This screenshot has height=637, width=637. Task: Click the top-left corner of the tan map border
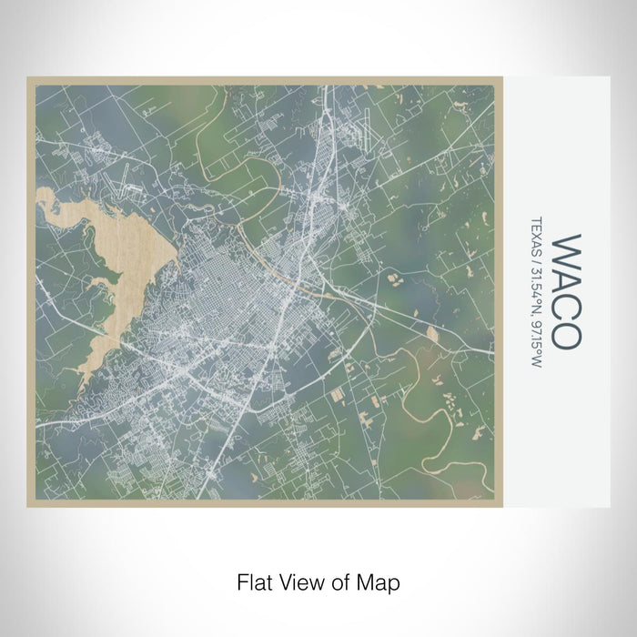point(28,78)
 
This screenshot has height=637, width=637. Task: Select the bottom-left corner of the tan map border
point(28,505)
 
